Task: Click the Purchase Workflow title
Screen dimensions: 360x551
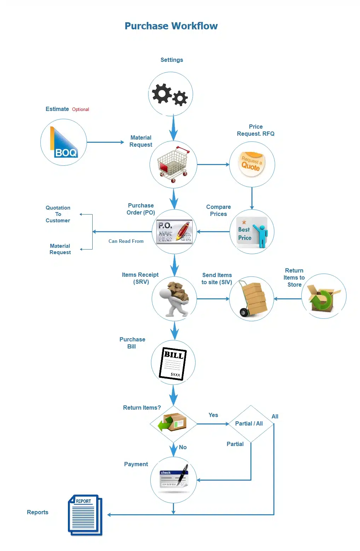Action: [171, 26]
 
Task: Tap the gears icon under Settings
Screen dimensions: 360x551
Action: [170, 95]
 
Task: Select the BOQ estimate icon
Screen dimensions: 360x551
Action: [64, 142]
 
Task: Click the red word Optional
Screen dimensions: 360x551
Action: [81, 109]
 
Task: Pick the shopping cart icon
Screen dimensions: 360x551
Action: [173, 164]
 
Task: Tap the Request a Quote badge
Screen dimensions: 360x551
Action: [251, 164]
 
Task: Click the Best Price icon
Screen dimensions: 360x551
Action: [252, 232]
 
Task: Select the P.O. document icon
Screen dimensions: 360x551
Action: [174, 231]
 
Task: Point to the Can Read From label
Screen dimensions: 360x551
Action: [126, 241]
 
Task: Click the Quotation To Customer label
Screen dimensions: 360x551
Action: [58, 214]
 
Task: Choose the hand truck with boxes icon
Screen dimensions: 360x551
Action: [253, 299]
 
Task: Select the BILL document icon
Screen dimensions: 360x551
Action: [173, 364]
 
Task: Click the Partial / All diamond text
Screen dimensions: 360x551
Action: [249, 423]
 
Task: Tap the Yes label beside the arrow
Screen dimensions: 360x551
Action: [213, 415]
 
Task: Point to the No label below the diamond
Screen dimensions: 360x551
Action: [182, 447]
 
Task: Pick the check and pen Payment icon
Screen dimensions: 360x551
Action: [174, 478]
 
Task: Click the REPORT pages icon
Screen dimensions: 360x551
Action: [85, 515]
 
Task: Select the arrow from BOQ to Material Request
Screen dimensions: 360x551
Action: [105, 142]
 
